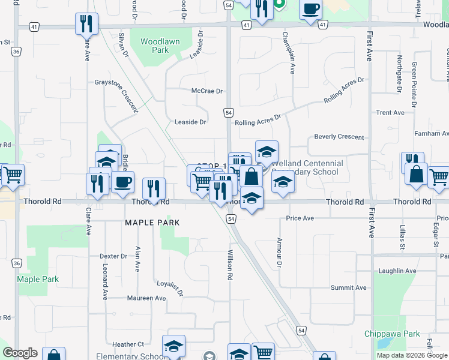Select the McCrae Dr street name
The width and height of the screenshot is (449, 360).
[207, 91]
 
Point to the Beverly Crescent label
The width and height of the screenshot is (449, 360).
[339, 137]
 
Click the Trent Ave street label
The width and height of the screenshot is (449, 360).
[390, 113]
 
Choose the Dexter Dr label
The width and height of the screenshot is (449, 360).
[113, 256]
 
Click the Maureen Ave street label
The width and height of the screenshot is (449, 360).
[146, 298]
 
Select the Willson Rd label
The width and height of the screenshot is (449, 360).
[229, 265]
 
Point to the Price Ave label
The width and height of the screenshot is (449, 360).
[300, 218]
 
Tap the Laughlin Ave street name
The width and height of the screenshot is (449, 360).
[397, 271]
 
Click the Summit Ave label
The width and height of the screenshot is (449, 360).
[348, 288]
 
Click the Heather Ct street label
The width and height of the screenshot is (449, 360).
[128, 344]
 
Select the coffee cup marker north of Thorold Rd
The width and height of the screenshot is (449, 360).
[123, 182]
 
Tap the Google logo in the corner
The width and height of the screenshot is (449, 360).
[19, 353]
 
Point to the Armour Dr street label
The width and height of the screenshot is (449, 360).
[279, 252]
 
